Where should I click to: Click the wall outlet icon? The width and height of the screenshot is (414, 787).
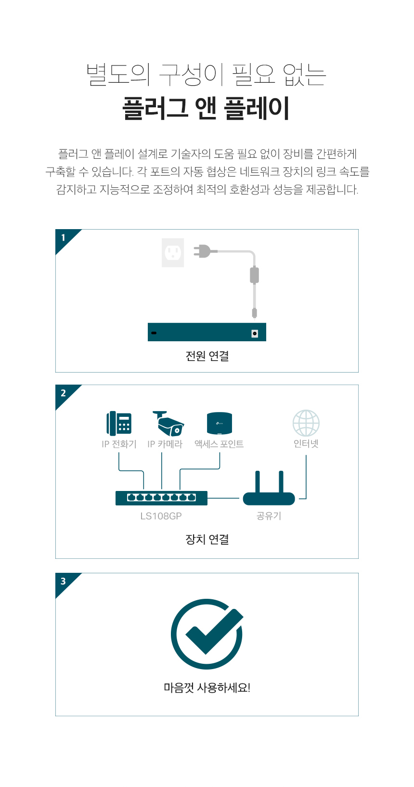click(172, 253)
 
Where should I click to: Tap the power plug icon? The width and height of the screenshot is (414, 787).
click(202, 251)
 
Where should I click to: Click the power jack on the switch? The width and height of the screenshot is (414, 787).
click(255, 334)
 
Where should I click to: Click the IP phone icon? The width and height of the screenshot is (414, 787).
click(119, 424)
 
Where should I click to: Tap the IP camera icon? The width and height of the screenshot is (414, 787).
click(168, 424)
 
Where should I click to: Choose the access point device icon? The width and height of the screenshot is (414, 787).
click(220, 424)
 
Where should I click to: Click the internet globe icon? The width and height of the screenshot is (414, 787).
click(306, 423)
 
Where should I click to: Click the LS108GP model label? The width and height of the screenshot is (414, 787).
click(161, 516)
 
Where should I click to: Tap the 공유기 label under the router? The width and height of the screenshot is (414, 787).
click(269, 516)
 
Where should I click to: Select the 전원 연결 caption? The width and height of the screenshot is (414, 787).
click(207, 356)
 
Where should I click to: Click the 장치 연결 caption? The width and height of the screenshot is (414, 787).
click(207, 539)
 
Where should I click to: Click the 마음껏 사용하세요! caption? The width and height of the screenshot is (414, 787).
click(207, 687)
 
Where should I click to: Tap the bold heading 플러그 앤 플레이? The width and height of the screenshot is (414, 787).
click(206, 108)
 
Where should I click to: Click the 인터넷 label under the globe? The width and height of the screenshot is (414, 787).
click(306, 444)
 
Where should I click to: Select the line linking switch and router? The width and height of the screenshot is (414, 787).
click(223, 498)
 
